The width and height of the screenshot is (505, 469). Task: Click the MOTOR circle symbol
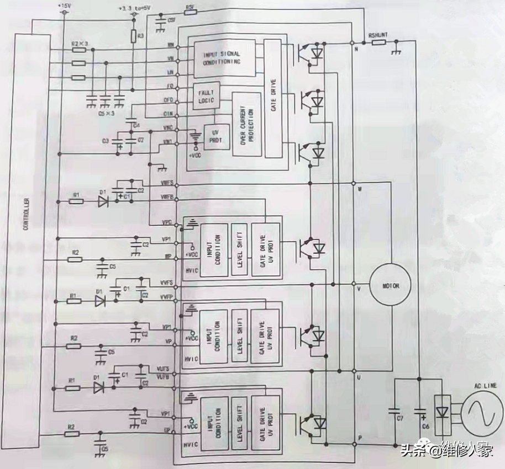[390, 286]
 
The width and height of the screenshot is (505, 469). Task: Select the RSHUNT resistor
[378, 42]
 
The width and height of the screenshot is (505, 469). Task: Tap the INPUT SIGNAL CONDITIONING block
[224, 58]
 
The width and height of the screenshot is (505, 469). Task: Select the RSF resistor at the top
[190, 10]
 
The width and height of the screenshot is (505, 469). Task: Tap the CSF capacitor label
[171, 20]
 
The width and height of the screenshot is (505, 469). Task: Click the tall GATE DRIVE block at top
[272, 98]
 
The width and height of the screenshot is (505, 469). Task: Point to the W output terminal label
[360, 189]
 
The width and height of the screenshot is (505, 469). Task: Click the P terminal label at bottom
[360, 438]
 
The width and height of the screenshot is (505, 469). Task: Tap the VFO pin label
[171, 86]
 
